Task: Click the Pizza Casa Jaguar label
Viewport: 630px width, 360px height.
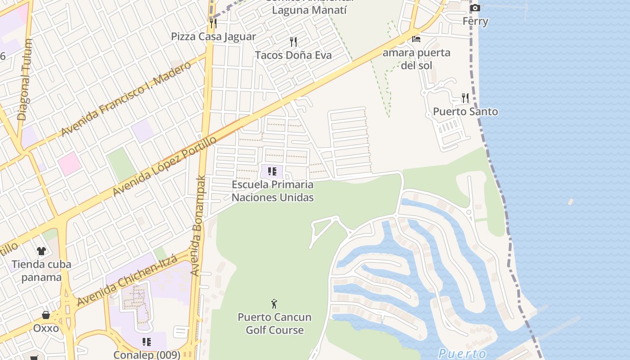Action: (213, 36)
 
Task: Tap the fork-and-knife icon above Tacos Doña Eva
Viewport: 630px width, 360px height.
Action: (293, 42)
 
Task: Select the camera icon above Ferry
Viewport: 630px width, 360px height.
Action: (475, 8)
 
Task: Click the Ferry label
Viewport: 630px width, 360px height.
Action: (475, 21)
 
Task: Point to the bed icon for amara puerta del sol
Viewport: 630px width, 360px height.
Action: (416, 39)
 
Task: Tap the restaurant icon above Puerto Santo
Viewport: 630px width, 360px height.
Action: (465, 98)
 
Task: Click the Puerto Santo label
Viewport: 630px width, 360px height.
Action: (465, 112)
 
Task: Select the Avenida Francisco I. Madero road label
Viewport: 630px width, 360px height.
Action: (126, 99)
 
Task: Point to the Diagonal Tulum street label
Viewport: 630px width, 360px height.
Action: (25, 80)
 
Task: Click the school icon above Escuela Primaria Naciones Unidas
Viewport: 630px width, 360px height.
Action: (272, 171)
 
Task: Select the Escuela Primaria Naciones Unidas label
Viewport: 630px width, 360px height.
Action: (273, 191)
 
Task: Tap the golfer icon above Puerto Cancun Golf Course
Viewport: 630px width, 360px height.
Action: (274, 304)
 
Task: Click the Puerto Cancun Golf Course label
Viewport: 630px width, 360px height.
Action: (274, 324)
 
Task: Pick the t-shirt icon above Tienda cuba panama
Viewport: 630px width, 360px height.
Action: (41, 251)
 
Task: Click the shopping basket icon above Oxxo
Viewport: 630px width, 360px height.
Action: (46, 315)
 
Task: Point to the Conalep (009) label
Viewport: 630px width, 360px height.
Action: (147, 355)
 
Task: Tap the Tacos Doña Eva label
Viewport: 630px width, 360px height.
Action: (293, 55)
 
